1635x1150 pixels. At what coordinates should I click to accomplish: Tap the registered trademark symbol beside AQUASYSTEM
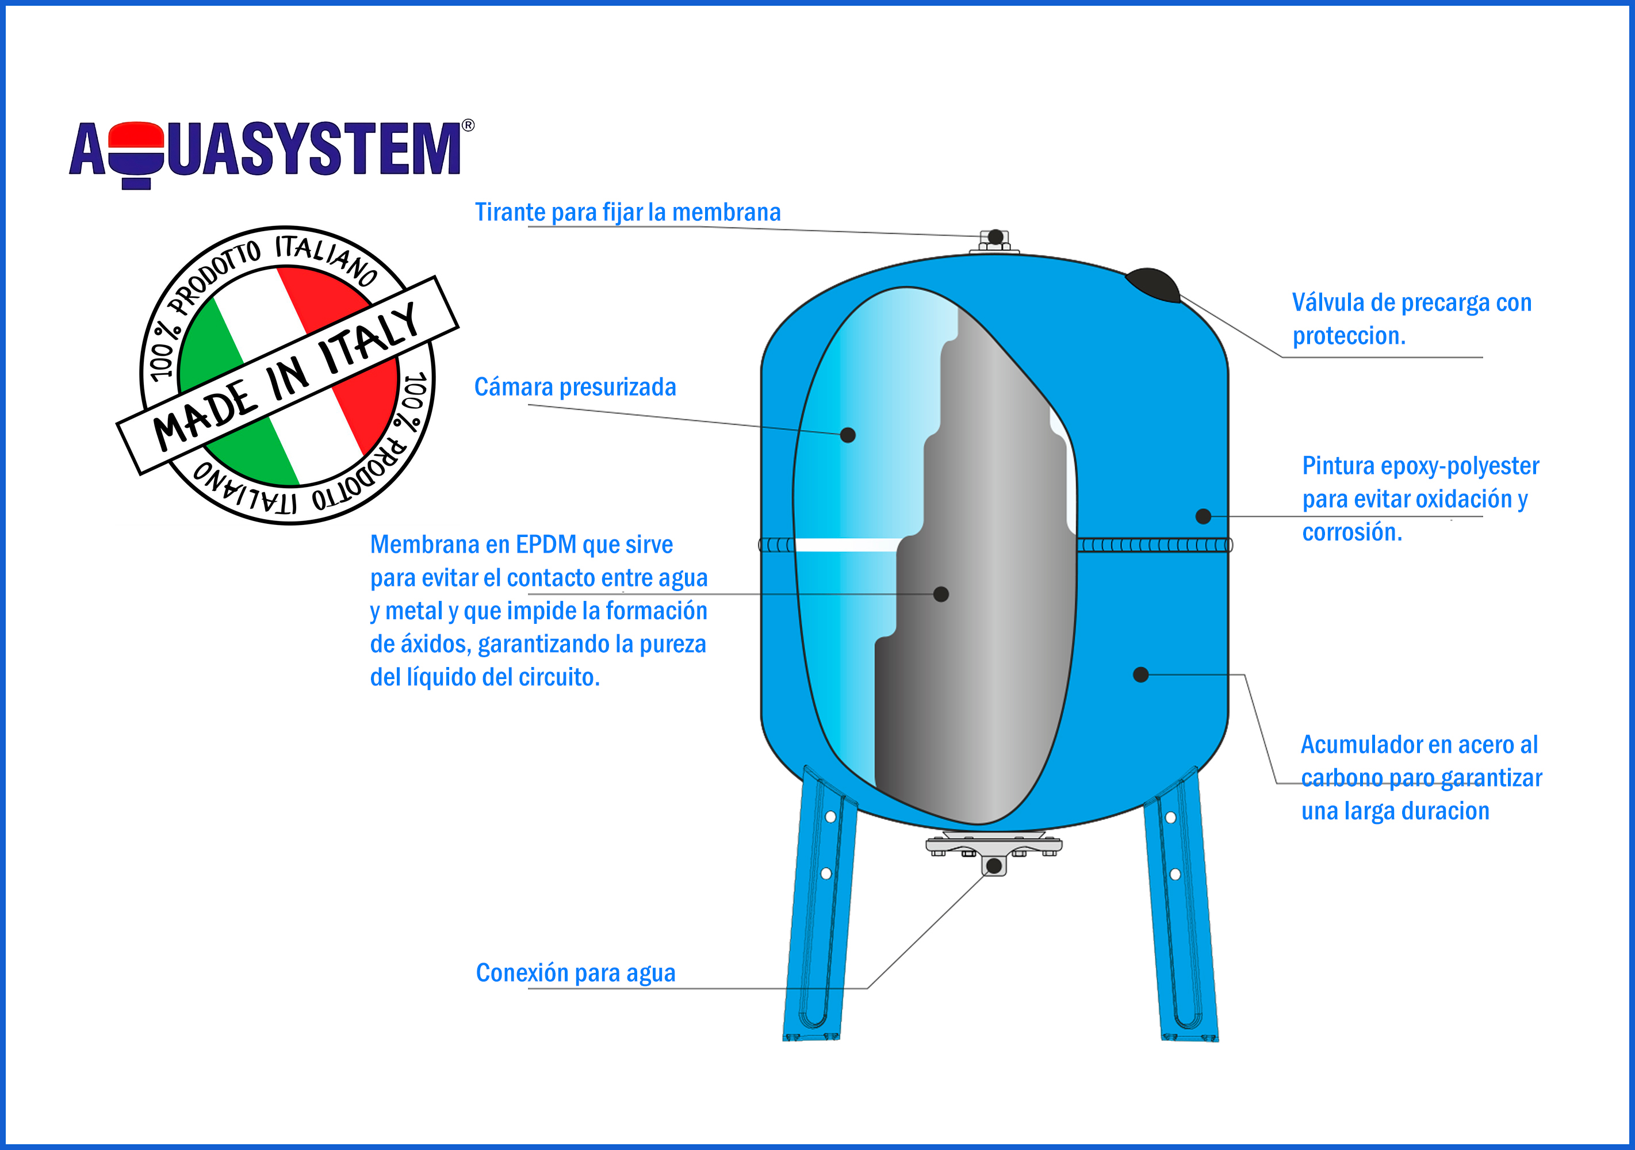[468, 125]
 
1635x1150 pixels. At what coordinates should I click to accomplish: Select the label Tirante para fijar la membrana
[627, 212]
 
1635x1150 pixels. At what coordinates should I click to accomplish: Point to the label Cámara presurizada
[575, 386]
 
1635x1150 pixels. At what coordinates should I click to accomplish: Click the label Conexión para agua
[575, 973]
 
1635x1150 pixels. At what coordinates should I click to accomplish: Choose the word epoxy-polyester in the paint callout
[1459, 466]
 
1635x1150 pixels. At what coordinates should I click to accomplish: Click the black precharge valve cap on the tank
[1152, 285]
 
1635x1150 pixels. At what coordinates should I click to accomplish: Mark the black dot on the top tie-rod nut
[995, 237]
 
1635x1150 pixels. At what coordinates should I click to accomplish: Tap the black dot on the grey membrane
[941, 594]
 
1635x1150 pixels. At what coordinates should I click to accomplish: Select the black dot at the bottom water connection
[993, 866]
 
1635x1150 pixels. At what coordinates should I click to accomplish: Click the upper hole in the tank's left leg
[830, 816]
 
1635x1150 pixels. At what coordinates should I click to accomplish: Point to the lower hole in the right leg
[1175, 875]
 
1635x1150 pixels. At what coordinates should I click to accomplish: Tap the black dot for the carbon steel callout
[1141, 674]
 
